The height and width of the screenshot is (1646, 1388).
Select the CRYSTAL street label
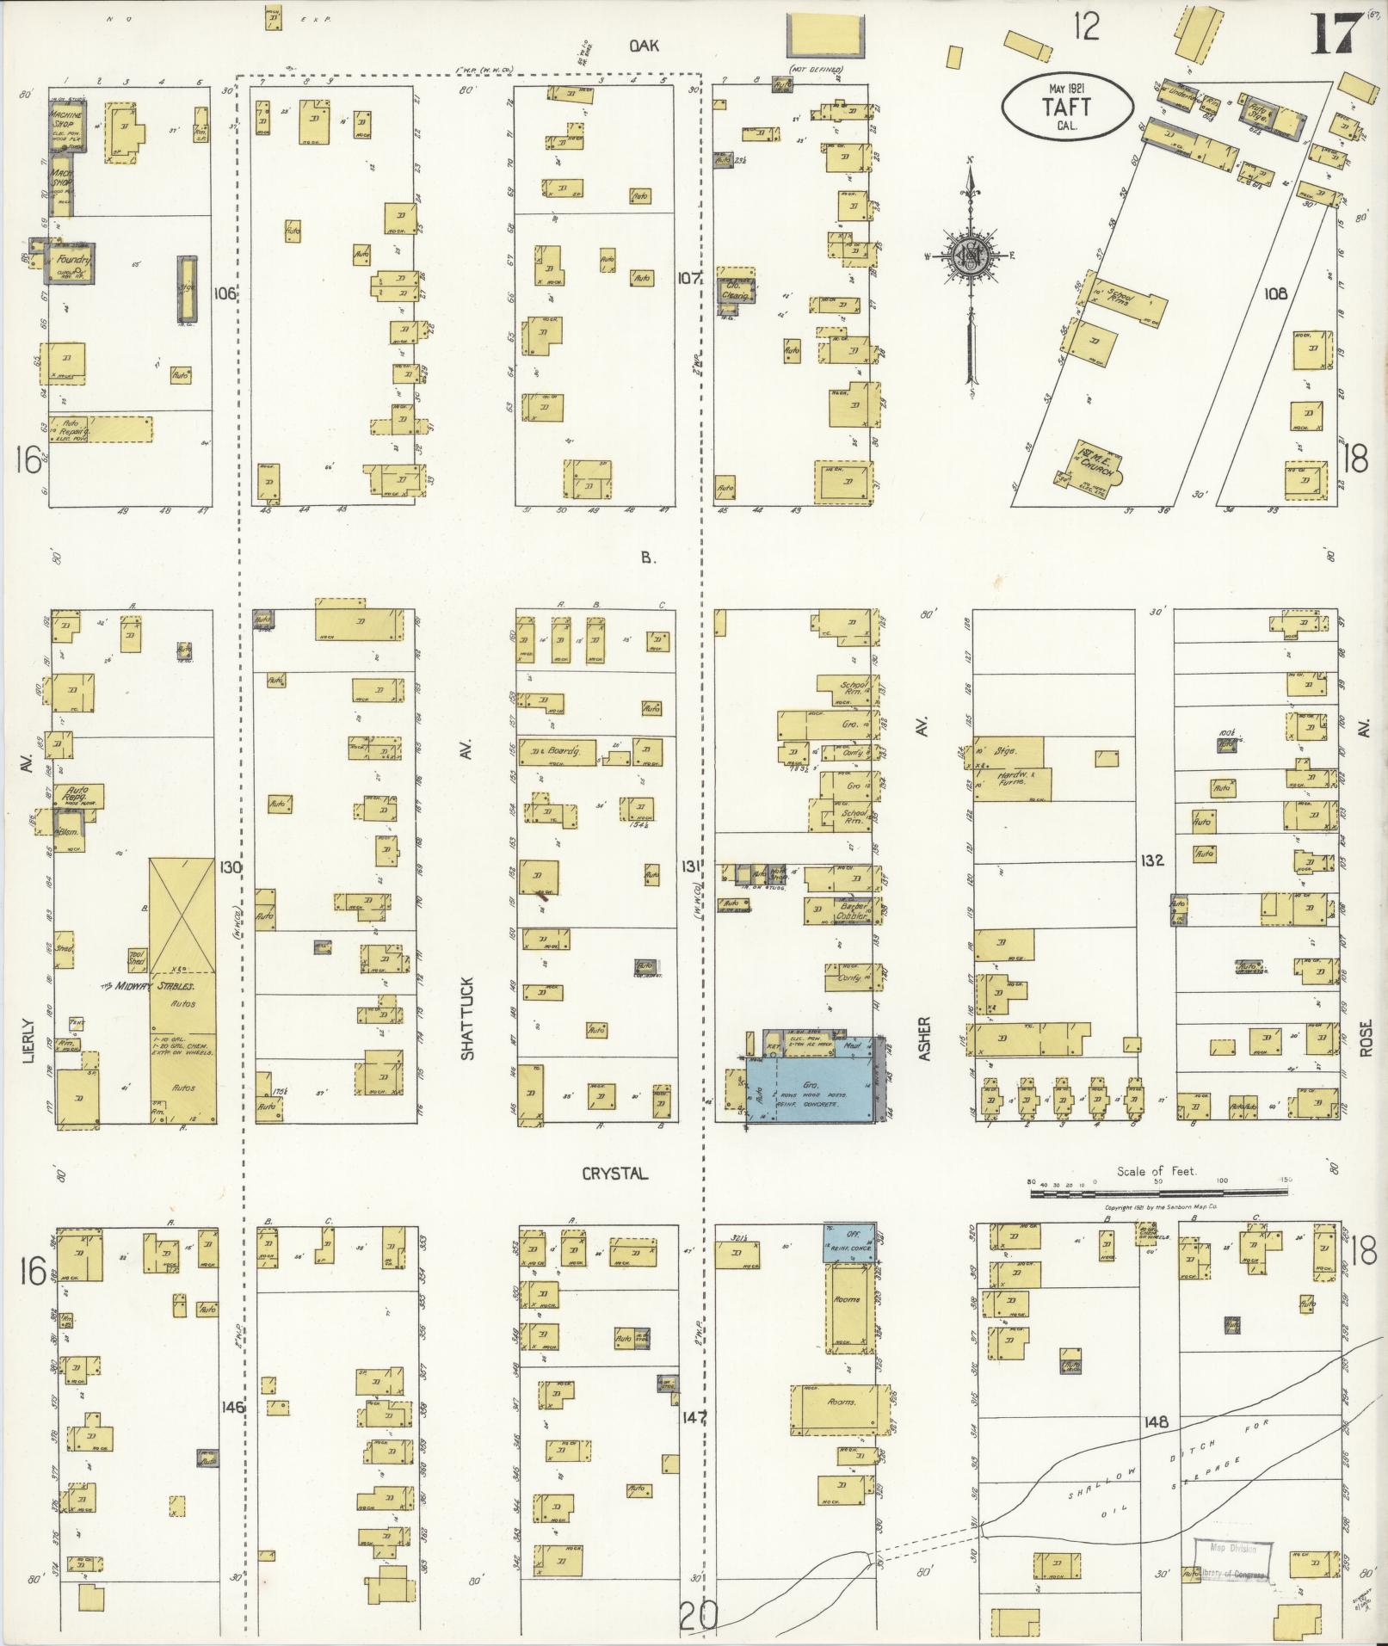(x=613, y=1174)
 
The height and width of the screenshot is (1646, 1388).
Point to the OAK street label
(x=643, y=46)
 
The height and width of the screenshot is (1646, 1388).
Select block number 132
(x=1153, y=860)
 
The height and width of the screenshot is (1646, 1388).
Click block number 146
(x=232, y=1408)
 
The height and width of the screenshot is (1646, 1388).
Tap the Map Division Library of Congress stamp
(x=1234, y=1561)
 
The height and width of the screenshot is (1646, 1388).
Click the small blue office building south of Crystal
(x=848, y=1242)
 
